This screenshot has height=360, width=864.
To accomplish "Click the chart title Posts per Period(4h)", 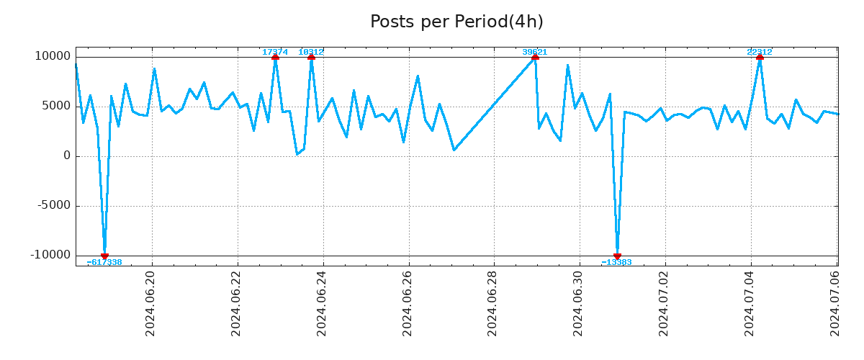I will [x=456, y=22].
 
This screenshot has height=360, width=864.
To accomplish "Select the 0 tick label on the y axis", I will [x=67, y=156].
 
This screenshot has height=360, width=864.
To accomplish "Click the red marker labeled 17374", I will [x=275, y=57].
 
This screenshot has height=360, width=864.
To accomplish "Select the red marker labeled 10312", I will [x=311, y=57].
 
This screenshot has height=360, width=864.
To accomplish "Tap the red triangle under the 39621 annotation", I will [x=535, y=57].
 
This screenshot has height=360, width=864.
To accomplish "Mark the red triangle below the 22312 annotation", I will [x=760, y=57].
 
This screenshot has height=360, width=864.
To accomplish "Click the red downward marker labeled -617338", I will [x=104, y=256].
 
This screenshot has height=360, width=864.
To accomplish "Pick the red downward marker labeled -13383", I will [x=617, y=256].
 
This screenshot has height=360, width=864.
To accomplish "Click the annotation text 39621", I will [x=535, y=52].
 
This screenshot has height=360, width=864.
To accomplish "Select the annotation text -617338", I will [x=104, y=263].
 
